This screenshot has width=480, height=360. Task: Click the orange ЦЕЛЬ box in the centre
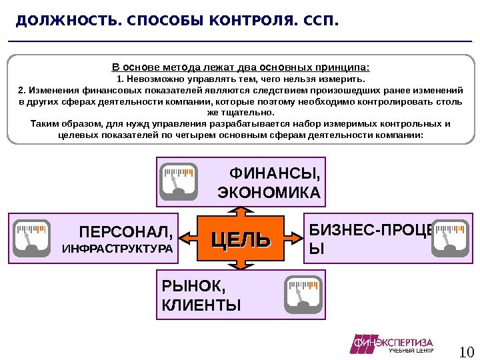pos(241,239)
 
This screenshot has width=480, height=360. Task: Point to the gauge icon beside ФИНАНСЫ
pos(179,182)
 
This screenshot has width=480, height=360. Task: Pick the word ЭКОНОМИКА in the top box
pos(269,193)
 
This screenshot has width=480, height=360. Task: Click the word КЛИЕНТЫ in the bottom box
pos(201,305)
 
